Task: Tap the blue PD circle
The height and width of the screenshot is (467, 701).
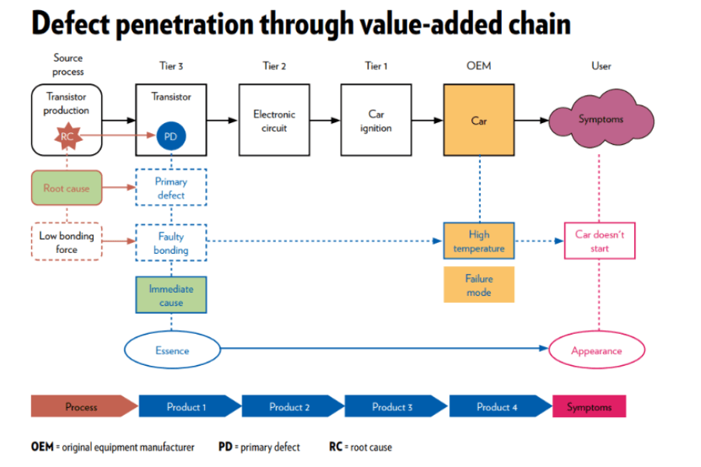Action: click(171, 137)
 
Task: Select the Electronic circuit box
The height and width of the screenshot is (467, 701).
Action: click(273, 120)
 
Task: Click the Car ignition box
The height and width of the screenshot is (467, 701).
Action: click(375, 120)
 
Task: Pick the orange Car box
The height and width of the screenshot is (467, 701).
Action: click(478, 120)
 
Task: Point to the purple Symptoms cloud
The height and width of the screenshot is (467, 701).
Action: click(601, 120)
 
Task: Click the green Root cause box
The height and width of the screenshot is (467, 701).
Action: click(66, 188)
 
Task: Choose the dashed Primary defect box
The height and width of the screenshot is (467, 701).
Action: click(171, 188)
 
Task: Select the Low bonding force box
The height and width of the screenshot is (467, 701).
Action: click(66, 241)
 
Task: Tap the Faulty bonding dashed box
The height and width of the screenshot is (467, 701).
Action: click(171, 241)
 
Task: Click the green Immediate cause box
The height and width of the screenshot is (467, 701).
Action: click(171, 294)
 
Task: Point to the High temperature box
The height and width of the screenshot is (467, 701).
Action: click(478, 241)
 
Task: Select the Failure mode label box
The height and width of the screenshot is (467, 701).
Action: click(478, 285)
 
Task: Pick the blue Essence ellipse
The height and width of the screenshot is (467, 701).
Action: click(172, 350)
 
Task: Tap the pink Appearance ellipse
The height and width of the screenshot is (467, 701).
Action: click(597, 350)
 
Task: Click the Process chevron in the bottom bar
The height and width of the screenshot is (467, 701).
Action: click(83, 406)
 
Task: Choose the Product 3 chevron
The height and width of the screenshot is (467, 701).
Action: click(394, 406)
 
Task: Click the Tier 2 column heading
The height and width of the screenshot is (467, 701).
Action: click(274, 66)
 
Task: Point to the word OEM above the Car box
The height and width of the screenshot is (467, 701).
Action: click(478, 66)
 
